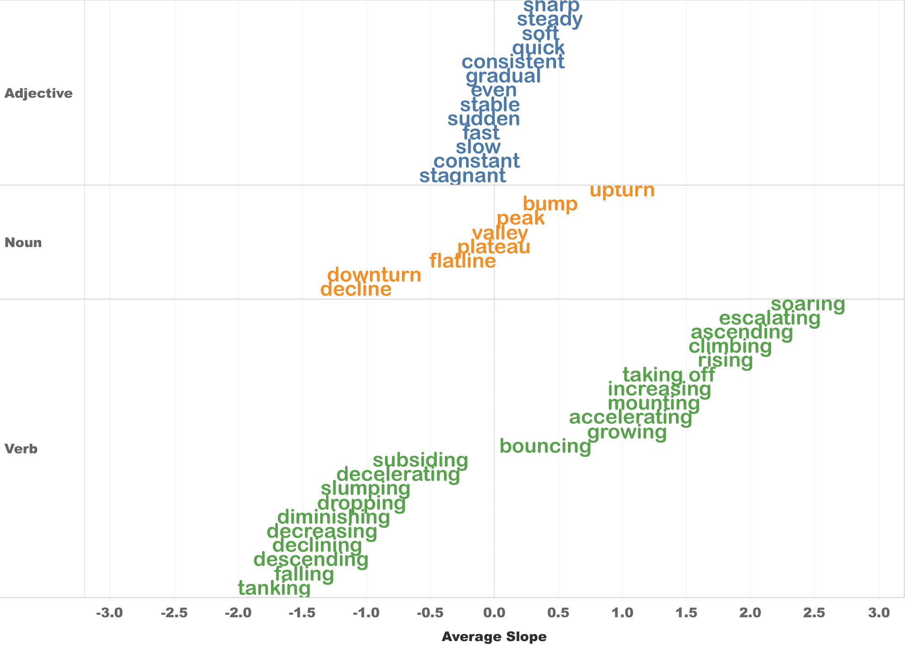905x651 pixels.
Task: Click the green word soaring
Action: [808, 305]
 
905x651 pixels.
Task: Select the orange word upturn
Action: [622, 191]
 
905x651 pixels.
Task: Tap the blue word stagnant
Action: [462, 176]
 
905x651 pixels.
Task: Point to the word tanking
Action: [274, 589]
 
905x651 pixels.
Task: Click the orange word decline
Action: [356, 289]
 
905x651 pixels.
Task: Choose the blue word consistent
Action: [513, 62]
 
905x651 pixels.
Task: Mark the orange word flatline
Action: [462, 261]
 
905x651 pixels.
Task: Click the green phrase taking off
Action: [669, 375]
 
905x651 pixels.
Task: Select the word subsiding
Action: [420, 461]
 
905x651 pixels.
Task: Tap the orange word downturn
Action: [374, 275]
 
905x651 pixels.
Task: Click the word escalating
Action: [769, 319]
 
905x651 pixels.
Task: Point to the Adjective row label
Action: [38, 94]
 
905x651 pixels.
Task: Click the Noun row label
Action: [23, 243]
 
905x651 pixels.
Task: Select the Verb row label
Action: [21, 449]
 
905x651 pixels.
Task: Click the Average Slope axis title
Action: [494, 637]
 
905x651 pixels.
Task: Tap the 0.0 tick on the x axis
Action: [494, 614]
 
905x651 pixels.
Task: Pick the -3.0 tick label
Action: [110, 614]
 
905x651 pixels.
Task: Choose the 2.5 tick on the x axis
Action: [814, 614]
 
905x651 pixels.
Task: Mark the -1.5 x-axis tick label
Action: [302, 614]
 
